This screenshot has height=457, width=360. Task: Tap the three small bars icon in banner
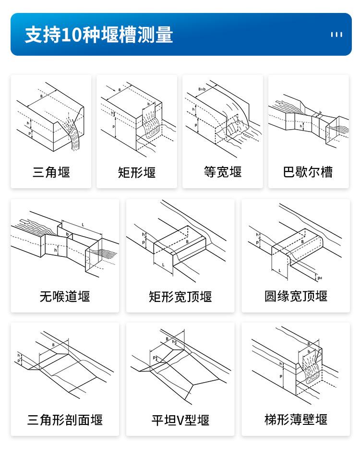tap(336, 35)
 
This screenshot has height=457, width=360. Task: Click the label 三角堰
tap(51, 172)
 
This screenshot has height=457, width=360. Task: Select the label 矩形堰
tap(137, 172)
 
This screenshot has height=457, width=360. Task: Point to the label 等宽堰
tap(223, 172)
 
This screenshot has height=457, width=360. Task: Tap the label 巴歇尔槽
tap(308, 172)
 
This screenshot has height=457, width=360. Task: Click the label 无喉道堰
tap(65, 296)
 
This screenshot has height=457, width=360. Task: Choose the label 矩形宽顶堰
tap(180, 296)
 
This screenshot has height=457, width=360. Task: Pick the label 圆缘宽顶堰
tap(296, 296)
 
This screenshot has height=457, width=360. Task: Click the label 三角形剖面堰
tap(65, 420)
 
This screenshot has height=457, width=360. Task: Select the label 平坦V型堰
tap(180, 420)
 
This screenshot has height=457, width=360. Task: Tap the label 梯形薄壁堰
tap(296, 420)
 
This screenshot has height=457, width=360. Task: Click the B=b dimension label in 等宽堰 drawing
tap(202, 90)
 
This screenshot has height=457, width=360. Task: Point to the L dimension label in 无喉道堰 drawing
tap(83, 225)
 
